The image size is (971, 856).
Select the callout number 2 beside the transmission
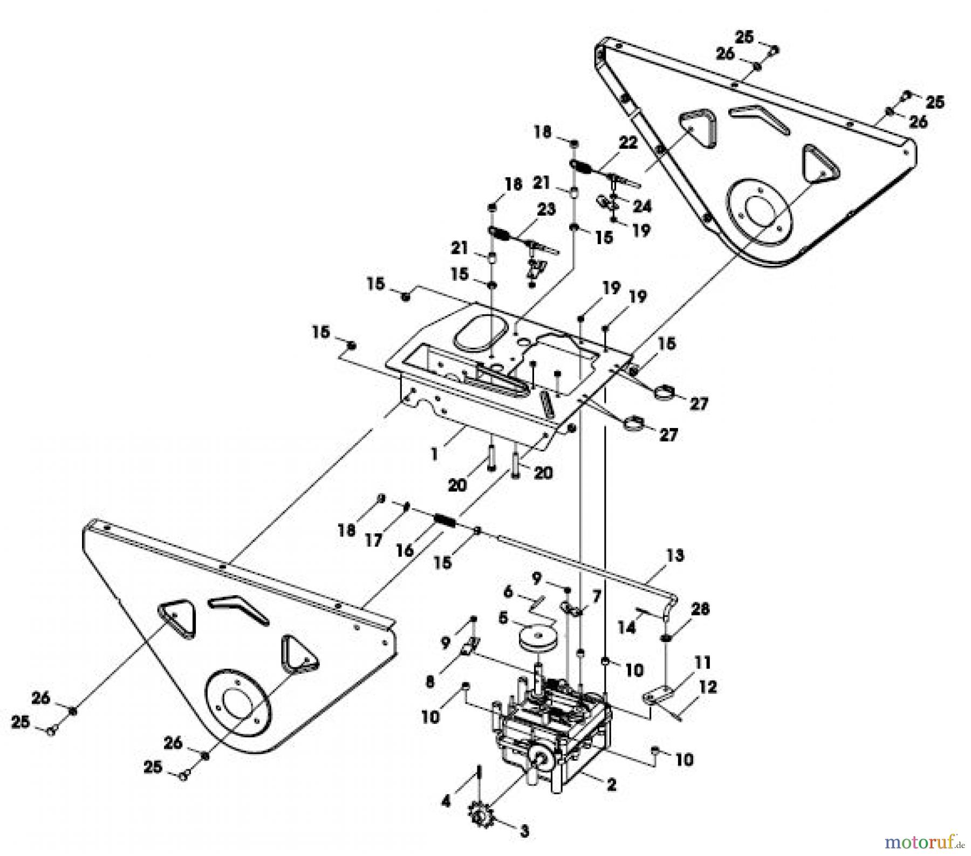click(x=611, y=785)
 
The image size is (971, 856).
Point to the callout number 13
click(x=675, y=555)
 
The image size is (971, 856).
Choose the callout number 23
click(x=546, y=209)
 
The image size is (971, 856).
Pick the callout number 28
click(x=701, y=609)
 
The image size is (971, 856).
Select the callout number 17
click(x=373, y=540)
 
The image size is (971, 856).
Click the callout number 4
click(x=446, y=802)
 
